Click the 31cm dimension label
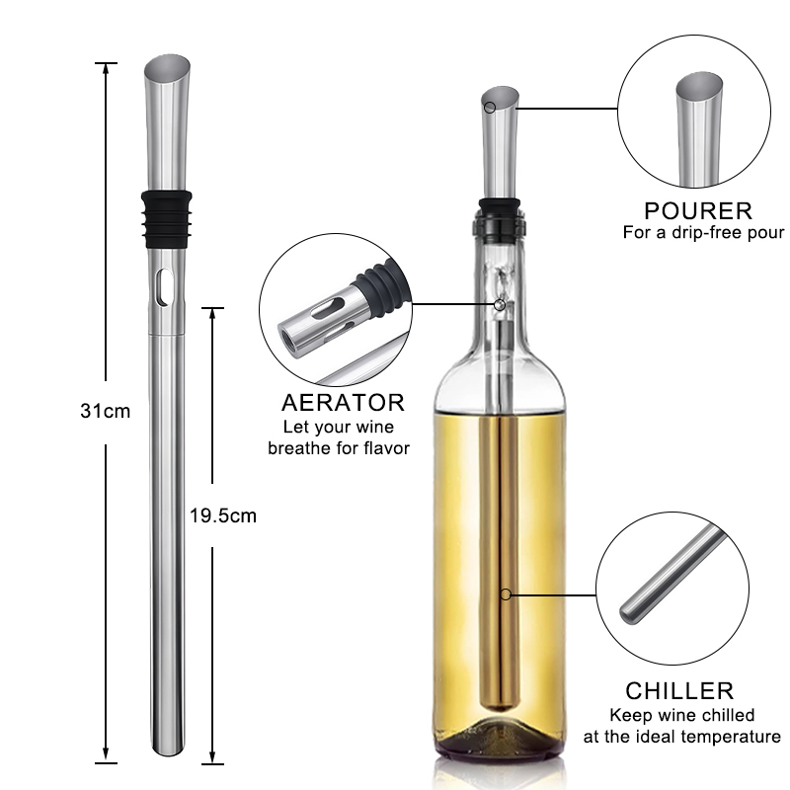[106, 411]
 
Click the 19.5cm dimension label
[223, 515]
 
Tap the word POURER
[698, 211]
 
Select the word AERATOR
[343, 403]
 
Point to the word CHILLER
[679, 690]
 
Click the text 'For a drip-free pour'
[703, 232]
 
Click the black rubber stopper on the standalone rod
[166, 219]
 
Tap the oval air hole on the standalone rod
[164, 287]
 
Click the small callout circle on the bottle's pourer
[489, 108]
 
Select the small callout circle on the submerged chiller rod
[507, 594]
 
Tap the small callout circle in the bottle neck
[500, 304]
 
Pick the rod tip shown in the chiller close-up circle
[631, 612]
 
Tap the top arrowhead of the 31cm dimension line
[106, 69]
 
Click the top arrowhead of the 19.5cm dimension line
[212, 314]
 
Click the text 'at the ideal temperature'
[681, 737]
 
